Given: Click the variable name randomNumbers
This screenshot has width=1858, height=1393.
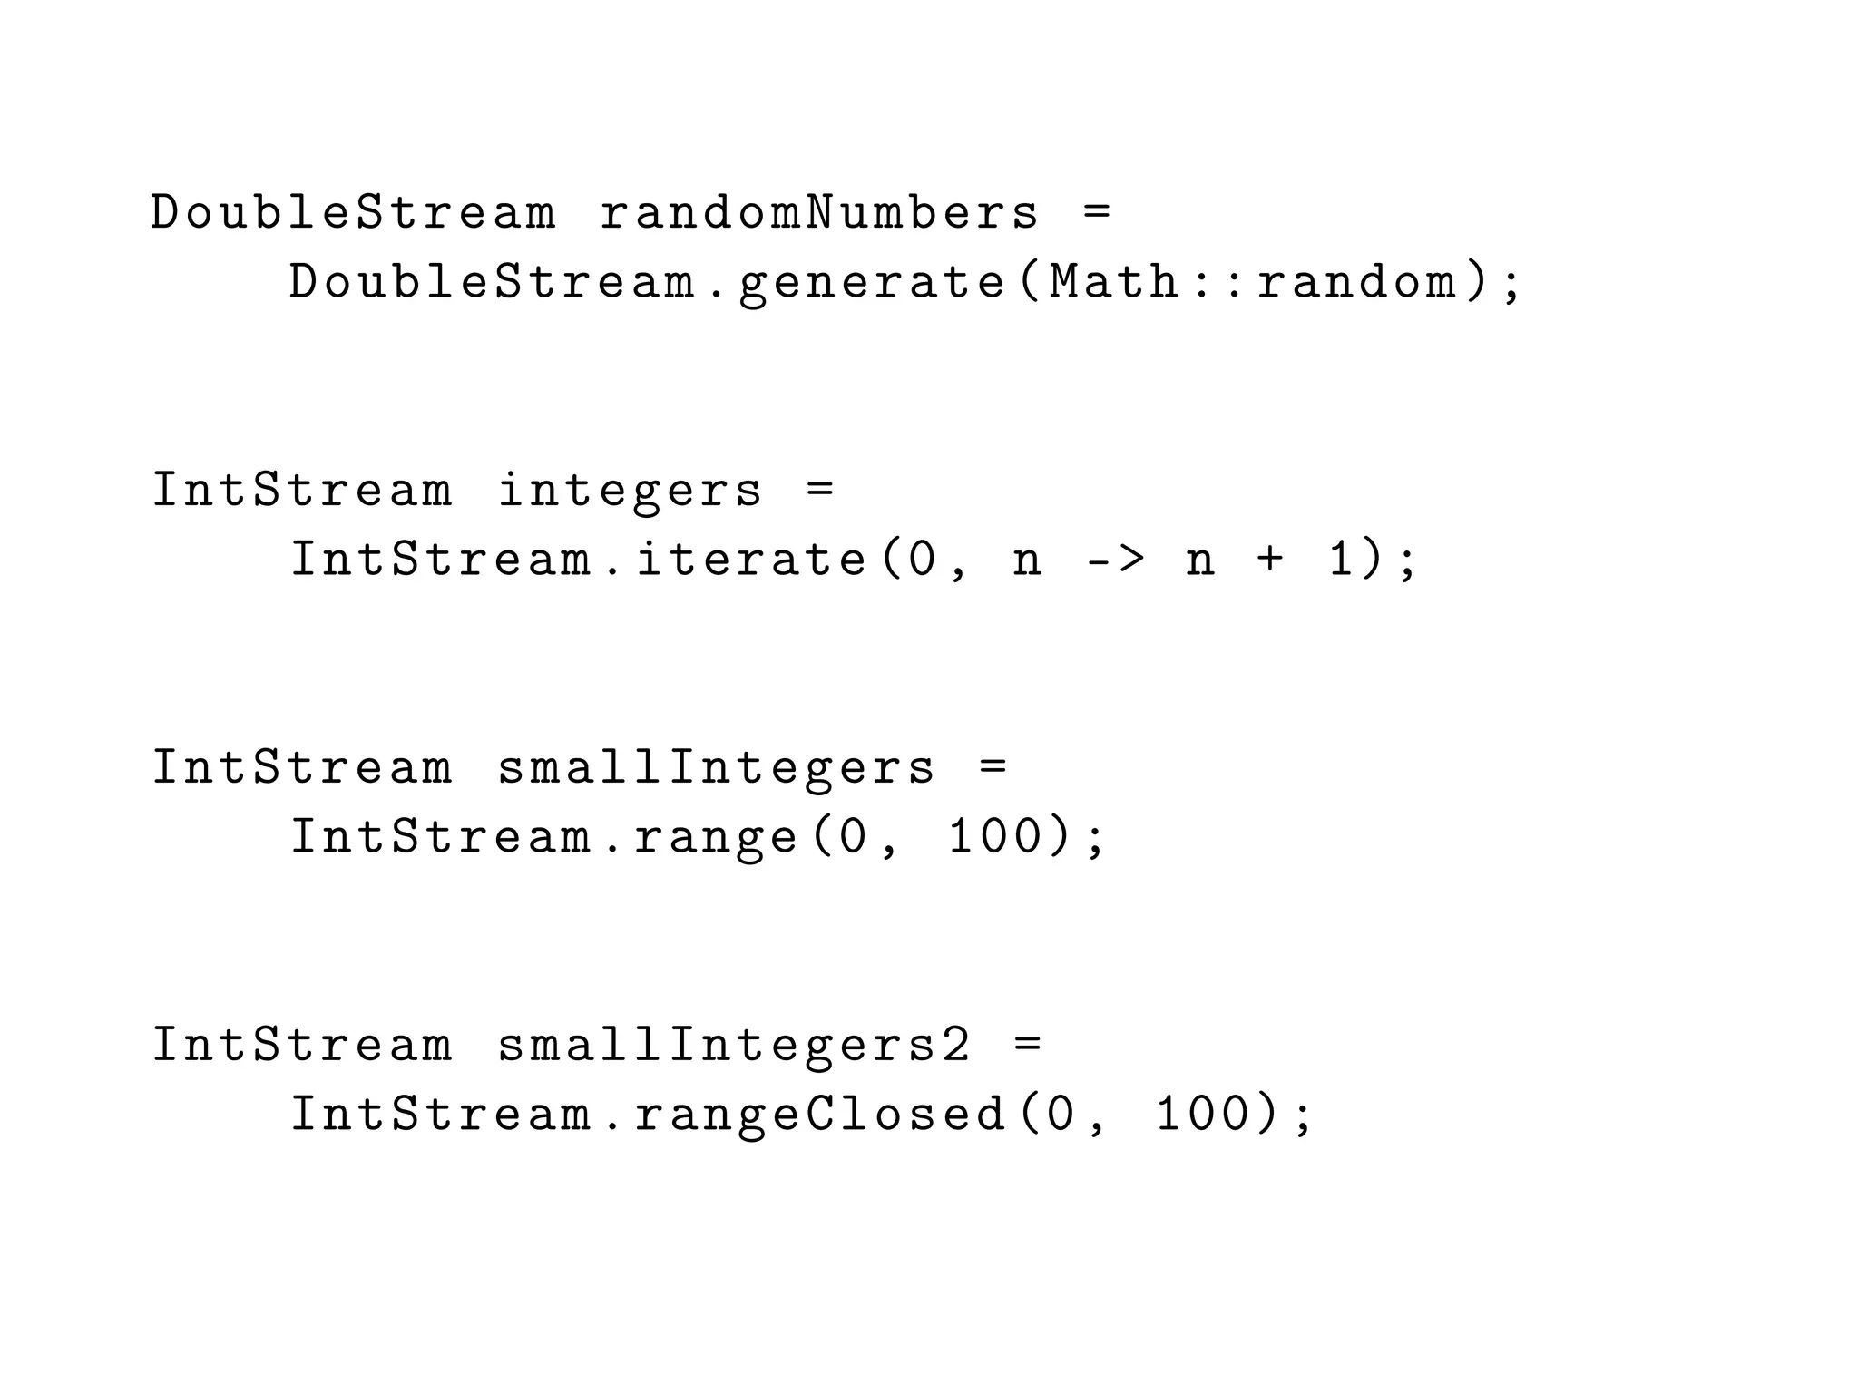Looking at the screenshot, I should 818,213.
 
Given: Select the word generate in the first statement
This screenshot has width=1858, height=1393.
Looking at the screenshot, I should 872,282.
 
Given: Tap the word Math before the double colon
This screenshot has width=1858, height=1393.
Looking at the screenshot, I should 1114,282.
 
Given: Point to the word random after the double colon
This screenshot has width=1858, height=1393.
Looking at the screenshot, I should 1356,282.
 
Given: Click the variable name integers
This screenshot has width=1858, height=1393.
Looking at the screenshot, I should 630,491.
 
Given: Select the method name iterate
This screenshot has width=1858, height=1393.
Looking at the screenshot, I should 751,559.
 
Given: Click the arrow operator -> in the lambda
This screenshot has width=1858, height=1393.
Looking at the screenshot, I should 1115,559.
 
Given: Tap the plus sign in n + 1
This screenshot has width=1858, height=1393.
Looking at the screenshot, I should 1270,559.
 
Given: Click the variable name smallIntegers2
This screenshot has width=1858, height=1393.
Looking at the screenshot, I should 734,1045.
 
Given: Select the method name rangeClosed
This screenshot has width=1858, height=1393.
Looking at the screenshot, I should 820,1114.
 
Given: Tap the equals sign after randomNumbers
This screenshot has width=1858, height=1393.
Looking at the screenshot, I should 1097,213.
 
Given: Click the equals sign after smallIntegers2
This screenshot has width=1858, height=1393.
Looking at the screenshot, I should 1028,1045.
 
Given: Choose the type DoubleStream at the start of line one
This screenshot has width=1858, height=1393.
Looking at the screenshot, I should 353,213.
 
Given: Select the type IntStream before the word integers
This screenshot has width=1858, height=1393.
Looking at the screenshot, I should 301,491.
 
